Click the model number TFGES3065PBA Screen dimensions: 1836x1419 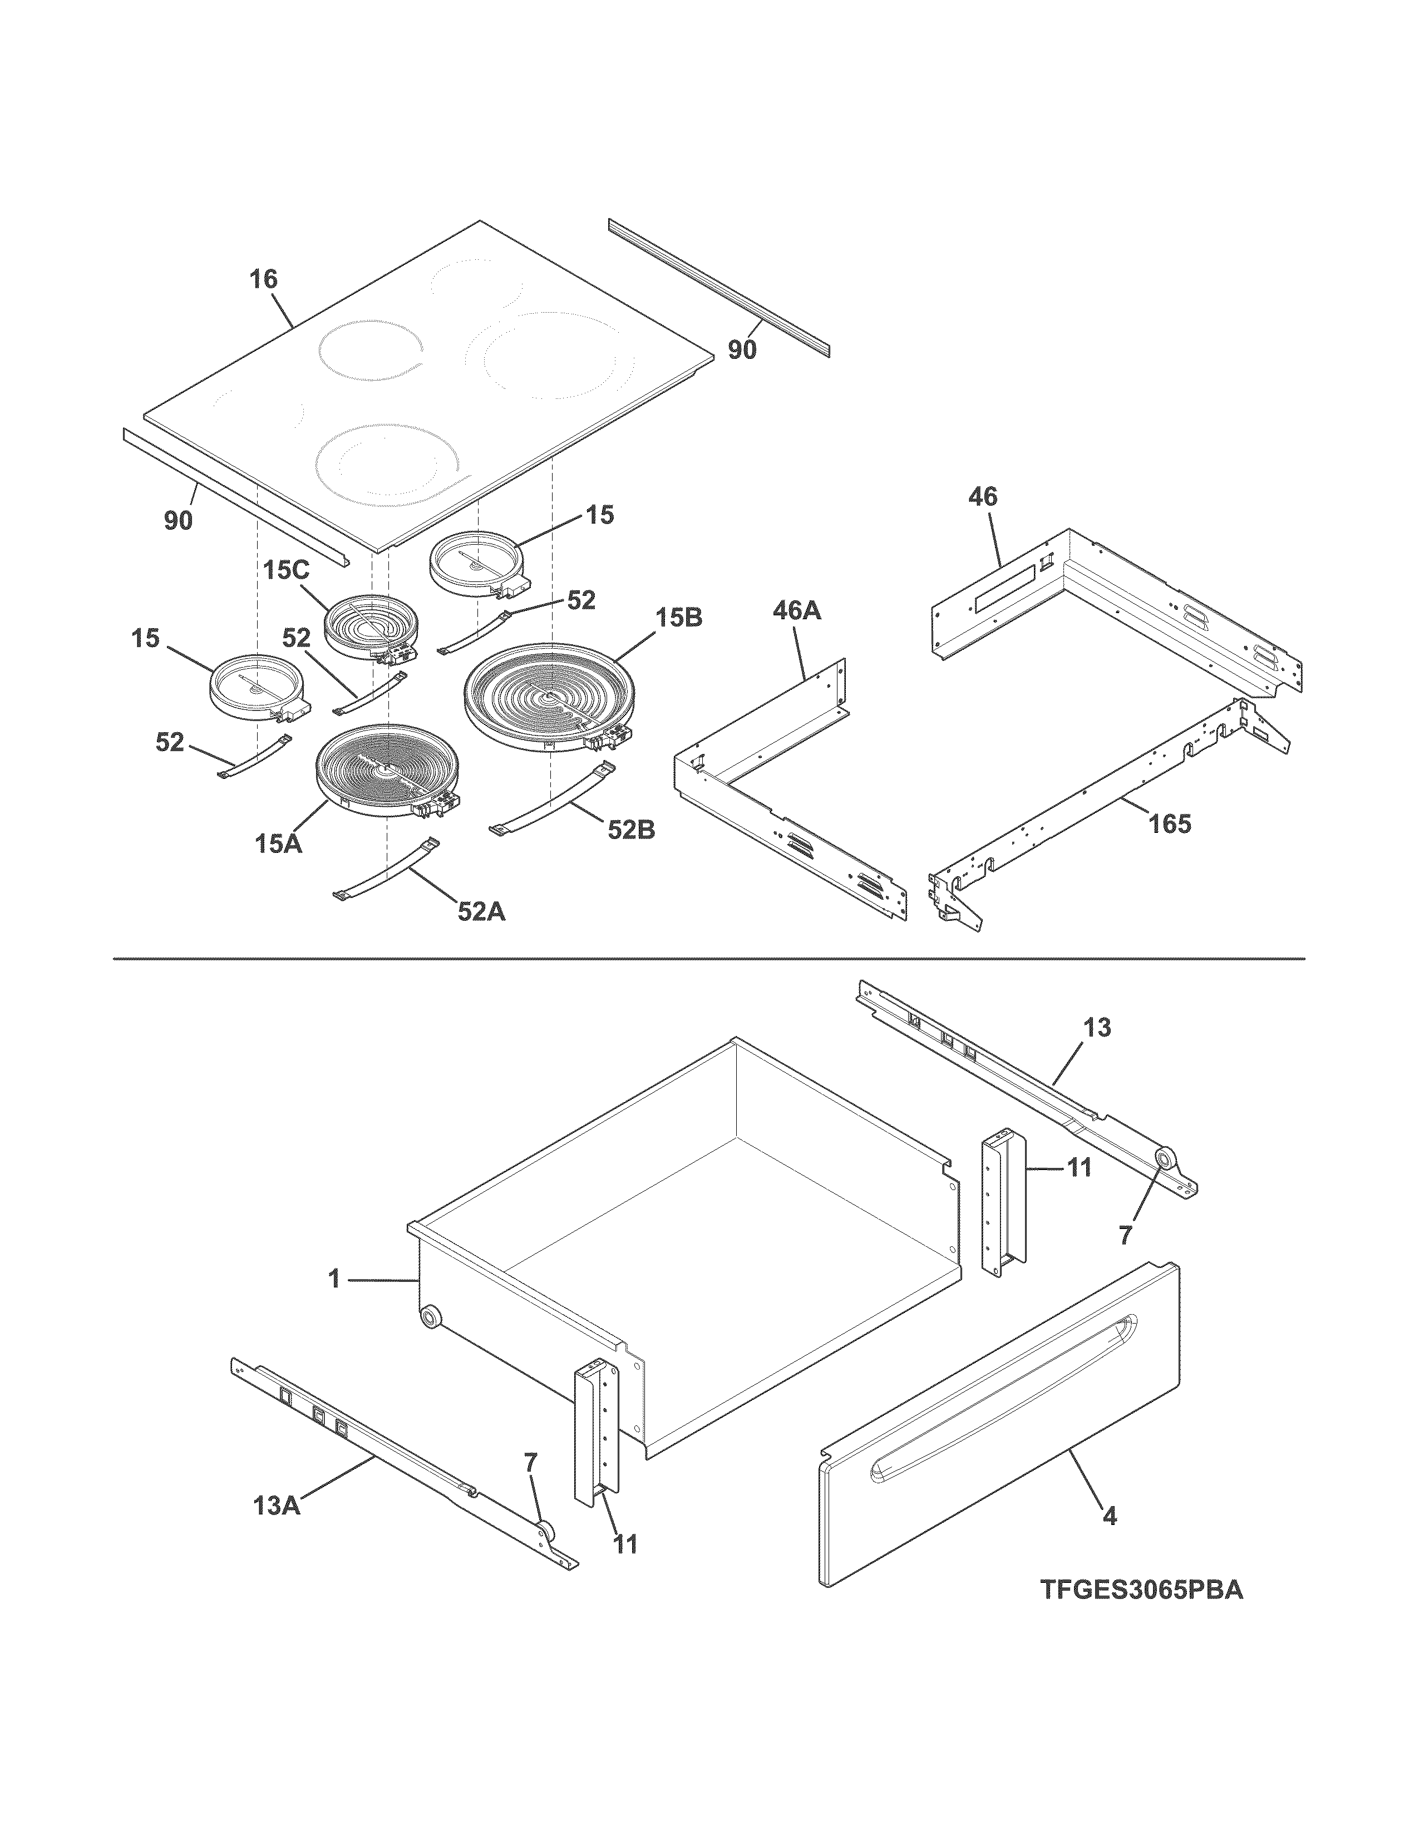tap(1141, 1591)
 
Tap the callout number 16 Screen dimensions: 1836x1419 tap(263, 280)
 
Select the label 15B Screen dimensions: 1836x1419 tap(679, 618)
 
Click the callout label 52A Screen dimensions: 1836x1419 tap(482, 911)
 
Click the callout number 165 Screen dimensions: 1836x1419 tap(1170, 824)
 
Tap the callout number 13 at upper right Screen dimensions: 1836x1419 tap(1097, 1027)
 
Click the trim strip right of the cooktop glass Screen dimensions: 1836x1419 tap(719, 286)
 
